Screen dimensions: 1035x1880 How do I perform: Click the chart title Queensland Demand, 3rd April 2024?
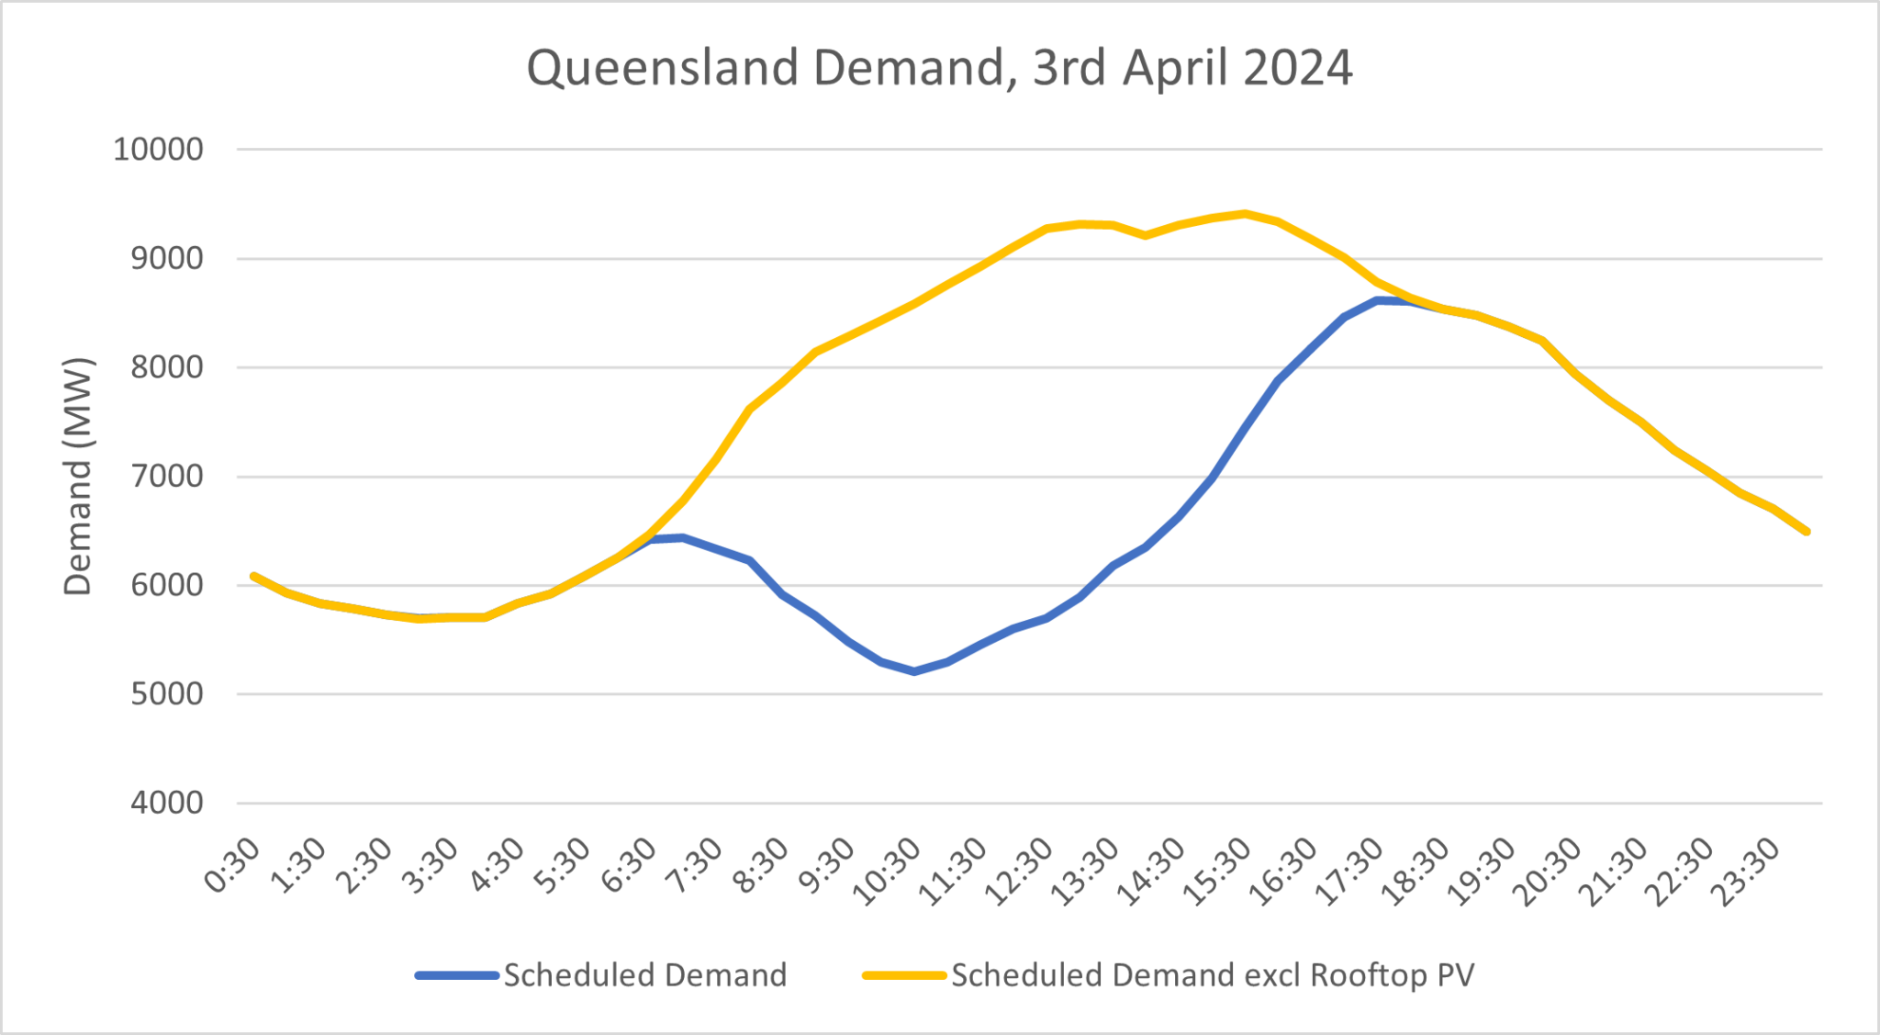tap(939, 69)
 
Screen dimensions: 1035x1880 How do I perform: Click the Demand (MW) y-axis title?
tap(79, 477)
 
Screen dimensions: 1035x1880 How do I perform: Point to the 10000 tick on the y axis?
tap(158, 149)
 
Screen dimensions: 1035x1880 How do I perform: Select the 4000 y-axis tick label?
tap(166, 804)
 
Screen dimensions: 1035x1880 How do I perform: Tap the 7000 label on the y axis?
tap(166, 477)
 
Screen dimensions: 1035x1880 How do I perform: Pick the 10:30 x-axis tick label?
tap(887, 872)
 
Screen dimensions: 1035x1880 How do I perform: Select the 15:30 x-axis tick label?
tap(1218, 872)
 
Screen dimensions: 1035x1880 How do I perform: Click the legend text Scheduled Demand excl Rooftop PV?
tap(1213, 975)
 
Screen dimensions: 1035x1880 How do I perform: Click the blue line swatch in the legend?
tap(456, 975)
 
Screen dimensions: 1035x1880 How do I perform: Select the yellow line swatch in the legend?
tap(904, 975)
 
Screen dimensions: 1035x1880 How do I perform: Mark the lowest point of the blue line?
tap(914, 671)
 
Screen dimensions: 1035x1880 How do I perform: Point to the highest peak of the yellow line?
tap(1245, 214)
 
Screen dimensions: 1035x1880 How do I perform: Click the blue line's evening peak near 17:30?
tap(1378, 300)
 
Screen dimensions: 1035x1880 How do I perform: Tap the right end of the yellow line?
tap(1807, 531)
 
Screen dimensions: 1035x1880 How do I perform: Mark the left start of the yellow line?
tap(253, 576)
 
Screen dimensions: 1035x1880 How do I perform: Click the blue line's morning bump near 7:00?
tap(682, 537)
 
